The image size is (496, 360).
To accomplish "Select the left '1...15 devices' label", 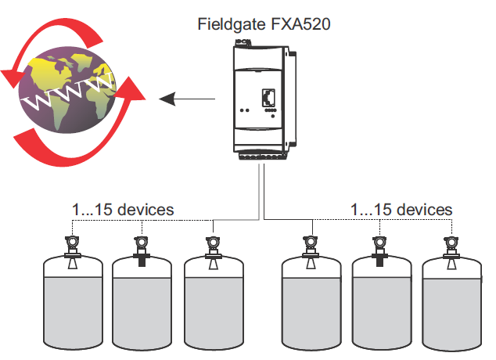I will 122,210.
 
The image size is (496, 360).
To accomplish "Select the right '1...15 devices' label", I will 401,210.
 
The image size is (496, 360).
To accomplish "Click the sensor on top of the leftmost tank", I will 71,249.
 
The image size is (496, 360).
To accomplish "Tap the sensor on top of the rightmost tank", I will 451,249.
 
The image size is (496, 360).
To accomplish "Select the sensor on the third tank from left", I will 213,249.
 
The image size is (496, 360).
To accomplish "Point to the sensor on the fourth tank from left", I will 311,249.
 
